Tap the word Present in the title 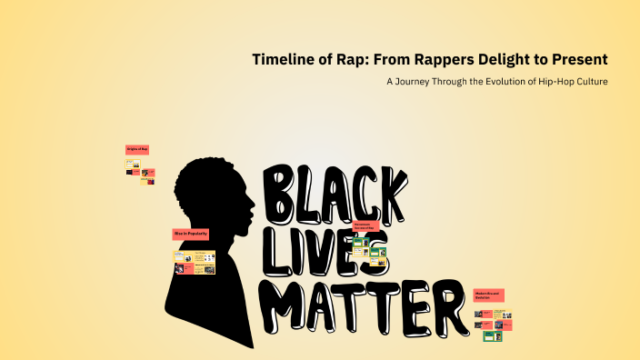[577, 60]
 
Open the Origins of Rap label [137, 148]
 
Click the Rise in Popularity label [191, 234]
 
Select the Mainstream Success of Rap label [365, 225]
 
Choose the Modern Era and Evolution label [488, 295]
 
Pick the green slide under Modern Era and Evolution [493, 336]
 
